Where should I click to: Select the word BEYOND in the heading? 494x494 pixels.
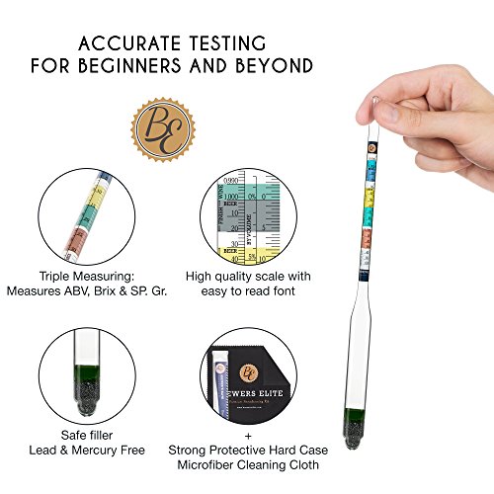[280, 66]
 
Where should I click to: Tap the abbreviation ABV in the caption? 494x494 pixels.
[96, 291]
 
